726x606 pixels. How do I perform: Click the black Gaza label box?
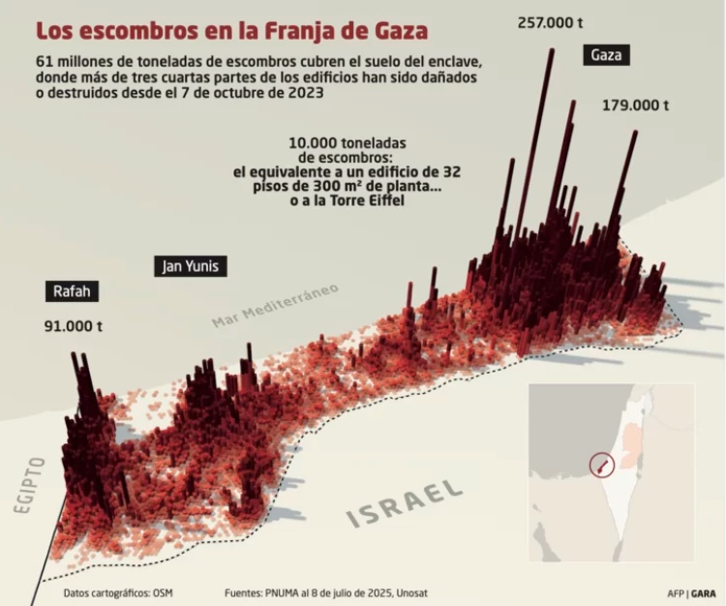pyautogui.click(x=606, y=56)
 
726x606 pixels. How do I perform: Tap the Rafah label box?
pyautogui.click(x=72, y=290)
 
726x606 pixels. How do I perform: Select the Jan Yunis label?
pyautogui.click(x=190, y=265)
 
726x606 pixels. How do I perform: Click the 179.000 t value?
pyautogui.click(x=635, y=105)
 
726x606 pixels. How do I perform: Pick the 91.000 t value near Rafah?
pyautogui.click(x=74, y=326)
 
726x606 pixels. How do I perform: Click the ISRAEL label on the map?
pyautogui.click(x=405, y=502)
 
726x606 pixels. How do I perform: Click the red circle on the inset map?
pyautogui.click(x=600, y=466)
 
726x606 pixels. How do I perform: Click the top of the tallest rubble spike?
pyautogui.click(x=552, y=51)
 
